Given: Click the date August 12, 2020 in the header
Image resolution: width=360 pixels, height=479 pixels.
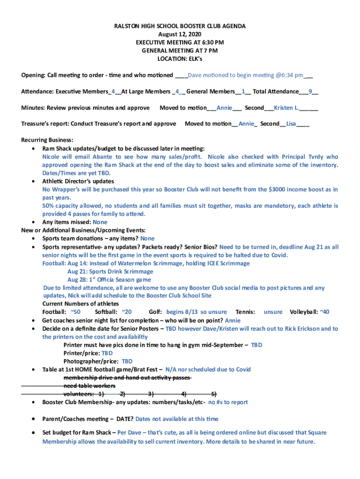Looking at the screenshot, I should pos(180,35).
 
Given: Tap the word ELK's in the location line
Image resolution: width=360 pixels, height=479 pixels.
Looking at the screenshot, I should pos(194,59).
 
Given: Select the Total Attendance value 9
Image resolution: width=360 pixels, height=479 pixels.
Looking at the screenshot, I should pos(310,92).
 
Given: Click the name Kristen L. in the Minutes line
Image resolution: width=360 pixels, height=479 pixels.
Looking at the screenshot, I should pos(287,108).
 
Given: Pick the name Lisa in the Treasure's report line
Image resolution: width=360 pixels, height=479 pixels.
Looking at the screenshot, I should pos(291,124).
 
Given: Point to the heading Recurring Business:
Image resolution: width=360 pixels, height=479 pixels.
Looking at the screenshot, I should pos(47,140).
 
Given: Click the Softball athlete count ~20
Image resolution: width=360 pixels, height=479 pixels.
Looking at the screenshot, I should pos(126,312).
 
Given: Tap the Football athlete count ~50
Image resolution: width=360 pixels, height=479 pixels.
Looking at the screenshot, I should pos(75,312).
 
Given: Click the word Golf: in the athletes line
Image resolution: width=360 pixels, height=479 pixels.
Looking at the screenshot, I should pos(156,312).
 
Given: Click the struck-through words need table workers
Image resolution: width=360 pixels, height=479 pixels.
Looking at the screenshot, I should pos(89,386).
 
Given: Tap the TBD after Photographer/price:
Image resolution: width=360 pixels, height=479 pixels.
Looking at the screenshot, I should pos(127,362).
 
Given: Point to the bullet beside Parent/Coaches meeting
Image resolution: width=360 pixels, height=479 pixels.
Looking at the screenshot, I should pos(33,419).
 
